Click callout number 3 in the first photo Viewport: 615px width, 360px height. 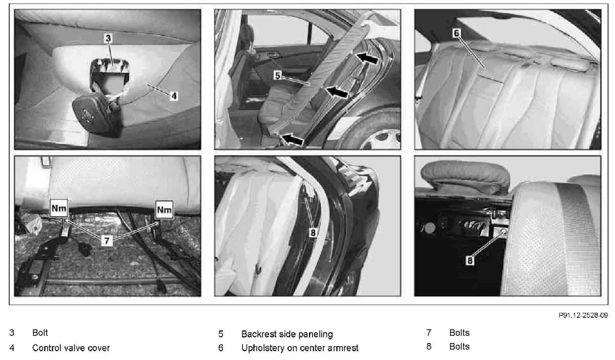108,38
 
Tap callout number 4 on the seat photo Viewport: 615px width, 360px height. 174,96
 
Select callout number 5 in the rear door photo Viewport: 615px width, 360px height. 278,75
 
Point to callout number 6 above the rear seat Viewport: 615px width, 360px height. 456,33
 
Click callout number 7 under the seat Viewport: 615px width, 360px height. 107,241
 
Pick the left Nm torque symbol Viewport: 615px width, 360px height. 59,208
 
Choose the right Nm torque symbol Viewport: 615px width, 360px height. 164,210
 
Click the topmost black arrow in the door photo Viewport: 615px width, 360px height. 367,58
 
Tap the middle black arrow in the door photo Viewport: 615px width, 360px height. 336,92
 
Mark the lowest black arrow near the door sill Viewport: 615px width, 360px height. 292,139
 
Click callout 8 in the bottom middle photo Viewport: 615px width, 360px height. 313,233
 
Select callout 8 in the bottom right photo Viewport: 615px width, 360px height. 470,260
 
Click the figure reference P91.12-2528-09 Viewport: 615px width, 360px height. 583,315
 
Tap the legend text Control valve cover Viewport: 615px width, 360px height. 71,348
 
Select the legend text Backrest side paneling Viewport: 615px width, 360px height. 287,334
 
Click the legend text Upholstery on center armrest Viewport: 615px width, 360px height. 300,348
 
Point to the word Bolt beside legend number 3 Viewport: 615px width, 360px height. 40,332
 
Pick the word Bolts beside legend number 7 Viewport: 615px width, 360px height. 459,332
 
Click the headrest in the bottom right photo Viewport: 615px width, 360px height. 465,177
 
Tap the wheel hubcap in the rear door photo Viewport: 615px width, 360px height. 382,140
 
